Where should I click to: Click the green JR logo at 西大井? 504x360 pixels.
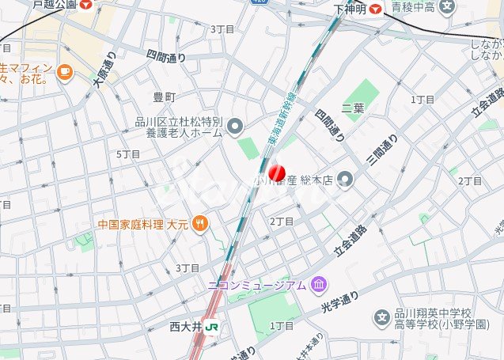point(211,325)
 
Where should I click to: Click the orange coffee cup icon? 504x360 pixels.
point(64,73)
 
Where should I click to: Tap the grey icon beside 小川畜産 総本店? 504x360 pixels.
point(344,180)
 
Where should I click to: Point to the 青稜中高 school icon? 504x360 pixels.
point(448,8)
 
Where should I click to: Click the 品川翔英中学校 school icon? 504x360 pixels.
point(382,318)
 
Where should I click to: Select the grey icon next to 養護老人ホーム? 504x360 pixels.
point(235,127)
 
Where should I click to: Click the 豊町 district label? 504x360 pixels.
point(164,97)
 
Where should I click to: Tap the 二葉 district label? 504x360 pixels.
point(353,108)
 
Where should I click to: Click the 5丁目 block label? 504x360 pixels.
point(128,153)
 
